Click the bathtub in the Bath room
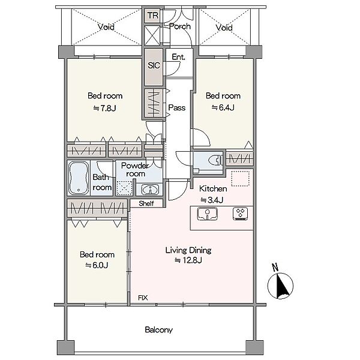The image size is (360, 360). pos(79,178)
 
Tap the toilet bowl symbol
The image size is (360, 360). pos(216,160)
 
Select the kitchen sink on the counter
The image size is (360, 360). pos(208,214)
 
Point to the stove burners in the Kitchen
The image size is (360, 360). pos(240,214)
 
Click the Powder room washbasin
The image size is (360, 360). pos(150,190)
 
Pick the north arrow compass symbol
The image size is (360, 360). pos(280,286)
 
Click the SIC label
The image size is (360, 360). pos(154,65)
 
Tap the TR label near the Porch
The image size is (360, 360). pos(152,16)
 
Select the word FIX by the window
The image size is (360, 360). pos(143,298)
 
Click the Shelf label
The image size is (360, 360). pos(146,203)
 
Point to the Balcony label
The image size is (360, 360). pos(158,330)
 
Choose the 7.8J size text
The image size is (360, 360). pos(104,107)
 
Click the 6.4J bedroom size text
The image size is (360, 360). pos(223,107)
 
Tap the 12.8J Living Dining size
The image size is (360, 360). pos(188,260)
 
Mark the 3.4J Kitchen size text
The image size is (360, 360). pos(212,200)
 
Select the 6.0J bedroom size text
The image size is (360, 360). pos(97,265)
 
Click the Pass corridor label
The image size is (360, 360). pos(177,107)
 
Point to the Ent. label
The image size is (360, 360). pos(178,57)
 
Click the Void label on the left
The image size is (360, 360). pos(106,27)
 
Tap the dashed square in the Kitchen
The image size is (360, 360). pos(240,178)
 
